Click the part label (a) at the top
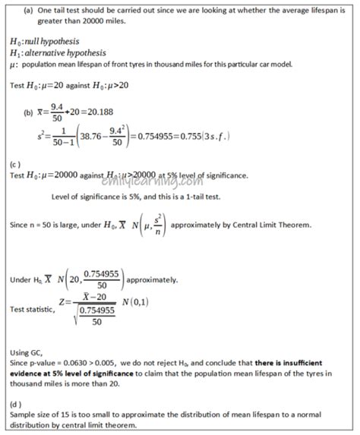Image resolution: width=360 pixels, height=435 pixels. click(x=28, y=9)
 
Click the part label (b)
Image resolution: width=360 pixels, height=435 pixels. click(x=29, y=113)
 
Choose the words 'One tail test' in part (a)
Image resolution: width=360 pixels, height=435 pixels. click(x=58, y=9)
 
